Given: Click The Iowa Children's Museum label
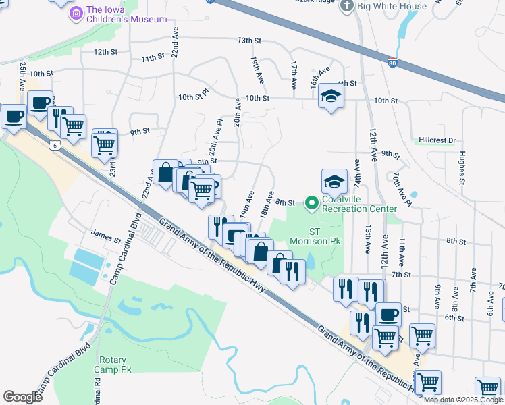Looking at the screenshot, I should coord(127,14).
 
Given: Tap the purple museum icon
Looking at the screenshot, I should coord(78,12).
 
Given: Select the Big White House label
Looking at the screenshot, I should coord(392,6).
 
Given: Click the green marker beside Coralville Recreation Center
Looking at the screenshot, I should coord(311,202).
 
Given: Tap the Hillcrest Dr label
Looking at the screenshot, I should coord(436,140).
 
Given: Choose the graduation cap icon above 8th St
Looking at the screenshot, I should coord(334,181).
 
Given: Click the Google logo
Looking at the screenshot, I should coord(22,397).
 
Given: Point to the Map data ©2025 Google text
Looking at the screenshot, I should coord(463,400).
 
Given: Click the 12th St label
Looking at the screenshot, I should coord(105,51).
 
